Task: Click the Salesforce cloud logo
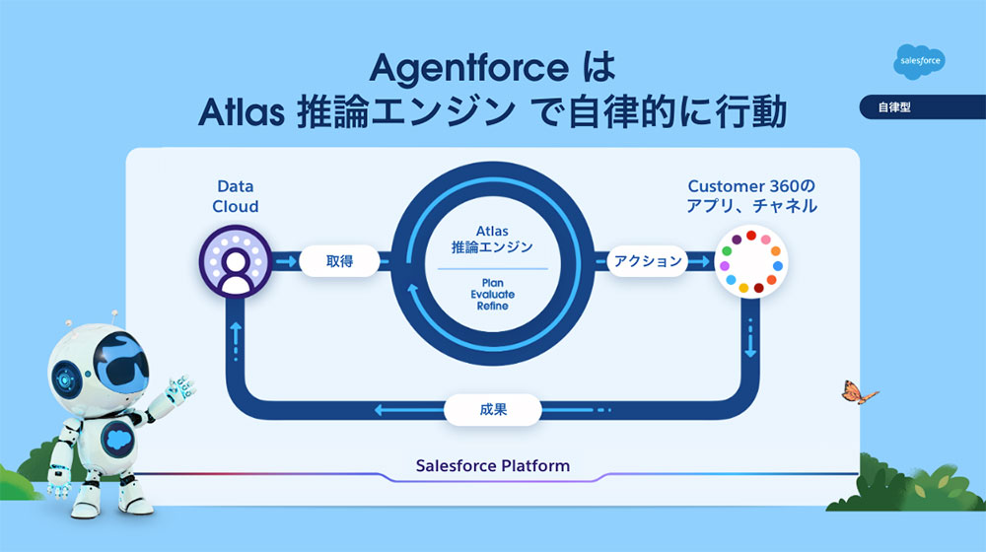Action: pyautogui.click(x=920, y=62)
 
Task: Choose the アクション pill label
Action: pyautogui.click(x=648, y=261)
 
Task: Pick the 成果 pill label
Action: pyautogui.click(x=493, y=409)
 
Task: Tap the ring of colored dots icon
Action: pyautogui.click(x=751, y=262)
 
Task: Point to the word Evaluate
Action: pyautogui.click(x=492, y=294)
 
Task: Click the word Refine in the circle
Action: pyautogui.click(x=492, y=306)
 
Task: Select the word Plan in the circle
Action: pyautogui.click(x=492, y=283)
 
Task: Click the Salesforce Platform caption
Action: pyautogui.click(x=492, y=465)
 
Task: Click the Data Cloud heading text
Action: pyautogui.click(x=236, y=196)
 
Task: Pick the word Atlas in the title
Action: pyautogui.click(x=239, y=112)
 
